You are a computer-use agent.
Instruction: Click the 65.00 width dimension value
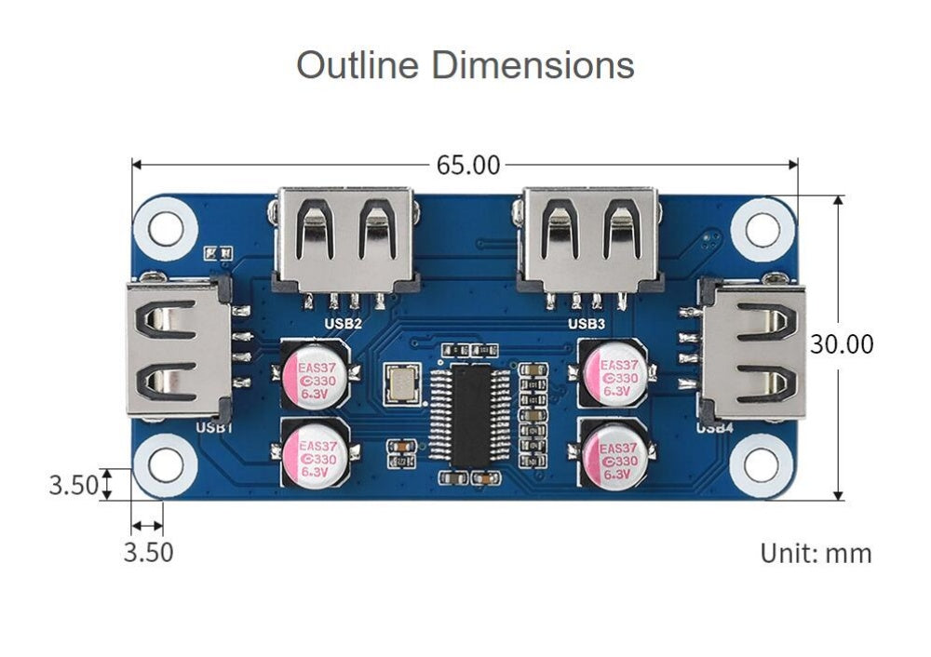click(x=468, y=166)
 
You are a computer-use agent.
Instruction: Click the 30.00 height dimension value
click(x=842, y=344)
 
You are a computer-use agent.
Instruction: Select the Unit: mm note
click(x=816, y=553)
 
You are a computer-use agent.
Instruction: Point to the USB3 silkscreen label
click(x=587, y=324)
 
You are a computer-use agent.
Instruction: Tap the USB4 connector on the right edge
click(x=752, y=350)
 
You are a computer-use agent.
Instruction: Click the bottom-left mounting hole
click(x=167, y=463)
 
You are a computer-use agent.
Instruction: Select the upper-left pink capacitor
click(x=316, y=374)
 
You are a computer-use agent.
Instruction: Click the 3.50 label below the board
click(x=149, y=552)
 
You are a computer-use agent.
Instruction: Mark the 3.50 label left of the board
click(x=74, y=485)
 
